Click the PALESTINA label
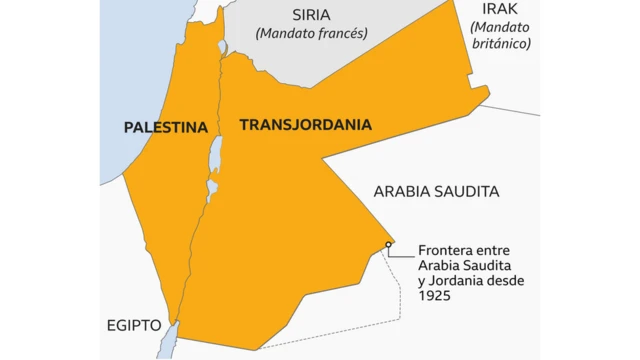pyautogui.click(x=165, y=127)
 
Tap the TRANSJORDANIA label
pyautogui.click(x=305, y=125)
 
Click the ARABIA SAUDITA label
pyautogui.click(x=436, y=191)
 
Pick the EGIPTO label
pyautogui.click(x=133, y=325)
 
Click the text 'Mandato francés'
pyautogui.click(x=312, y=33)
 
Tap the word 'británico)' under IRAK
pyautogui.click(x=501, y=43)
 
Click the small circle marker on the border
pyautogui.click(x=388, y=243)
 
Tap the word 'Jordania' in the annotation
pyautogui.click(x=460, y=282)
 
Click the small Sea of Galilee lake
pyautogui.click(x=223, y=47)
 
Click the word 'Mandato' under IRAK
pyautogui.click(x=501, y=27)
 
